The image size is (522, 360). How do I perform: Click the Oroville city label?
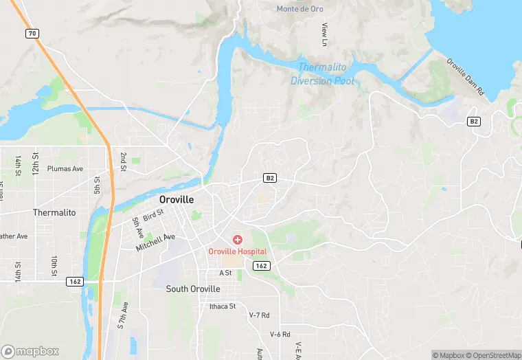pyautogui.click(x=176, y=199)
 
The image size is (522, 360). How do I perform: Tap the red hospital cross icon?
pyautogui.click(x=237, y=240)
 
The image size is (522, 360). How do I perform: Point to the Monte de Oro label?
pyautogui.click(x=299, y=9)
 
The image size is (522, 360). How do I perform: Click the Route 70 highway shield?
pyautogui.click(x=32, y=33)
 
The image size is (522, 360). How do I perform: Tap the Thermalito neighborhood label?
pyautogui.click(x=54, y=213)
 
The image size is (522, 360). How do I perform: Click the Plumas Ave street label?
pyautogui.click(x=65, y=168)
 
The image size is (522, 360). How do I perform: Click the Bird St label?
pyautogui.click(x=153, y=215)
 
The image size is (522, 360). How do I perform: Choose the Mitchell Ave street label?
pyautogui.click(x=155, y=242)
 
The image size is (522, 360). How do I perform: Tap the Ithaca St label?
pyautogui.click(x=223, y=306)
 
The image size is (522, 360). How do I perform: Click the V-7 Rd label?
pyautogui.click(x=259, y=315)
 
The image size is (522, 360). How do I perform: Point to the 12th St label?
pyautogui.click(x=35, y=165)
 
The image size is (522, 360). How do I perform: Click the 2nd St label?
pyautogui.click(x=123, y=161)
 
